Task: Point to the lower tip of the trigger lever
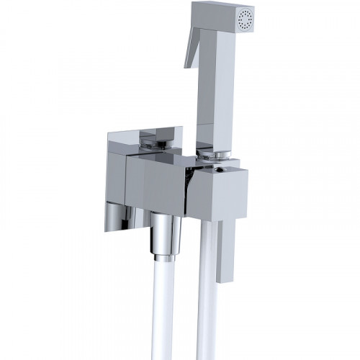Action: coord(186,66)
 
